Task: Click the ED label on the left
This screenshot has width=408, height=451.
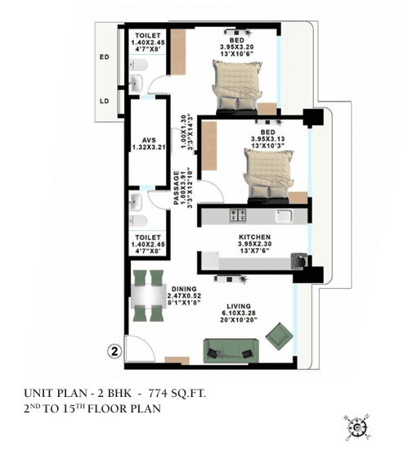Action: coord(104,57)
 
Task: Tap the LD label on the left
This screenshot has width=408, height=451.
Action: coord(104,101)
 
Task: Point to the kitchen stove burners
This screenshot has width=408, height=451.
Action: coord(239,216)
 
